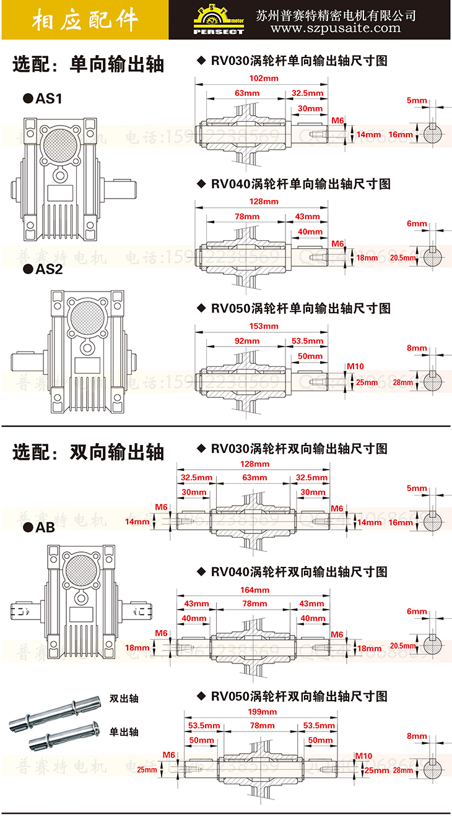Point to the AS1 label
[x=45, y=98]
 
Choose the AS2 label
[x=45, y=269]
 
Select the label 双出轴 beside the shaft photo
[x=124, y=699]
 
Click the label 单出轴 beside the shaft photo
[x=124, y=732]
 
